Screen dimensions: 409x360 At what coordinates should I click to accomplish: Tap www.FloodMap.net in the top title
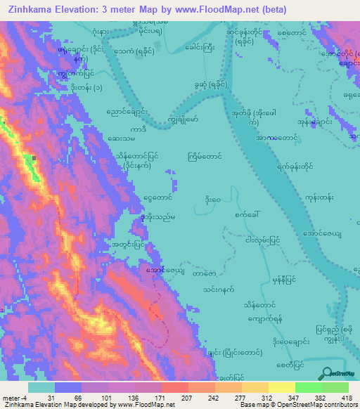click(x=230, y=8)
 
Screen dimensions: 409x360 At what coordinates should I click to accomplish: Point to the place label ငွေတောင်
click(x=157, y=199)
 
